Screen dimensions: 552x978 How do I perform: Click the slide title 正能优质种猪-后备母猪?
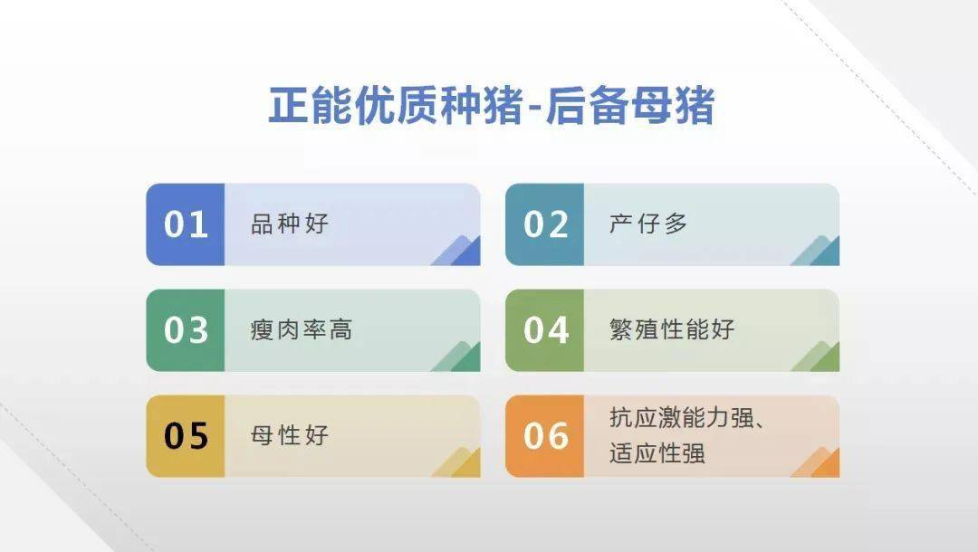491,107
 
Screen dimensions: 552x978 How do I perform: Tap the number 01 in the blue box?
186,224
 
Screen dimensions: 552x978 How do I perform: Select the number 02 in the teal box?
545,224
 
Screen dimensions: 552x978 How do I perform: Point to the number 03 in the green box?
186,330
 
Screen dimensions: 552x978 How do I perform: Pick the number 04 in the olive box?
545,330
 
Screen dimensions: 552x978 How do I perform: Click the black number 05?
186,436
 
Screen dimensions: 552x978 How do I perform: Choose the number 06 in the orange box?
545,436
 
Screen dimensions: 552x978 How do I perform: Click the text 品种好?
289,224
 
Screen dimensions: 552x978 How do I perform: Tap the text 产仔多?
647,224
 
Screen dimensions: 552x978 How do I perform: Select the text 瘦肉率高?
301,329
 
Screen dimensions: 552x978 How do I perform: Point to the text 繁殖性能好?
672,329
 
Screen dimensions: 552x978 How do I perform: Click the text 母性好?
289,435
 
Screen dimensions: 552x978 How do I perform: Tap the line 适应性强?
657,452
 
